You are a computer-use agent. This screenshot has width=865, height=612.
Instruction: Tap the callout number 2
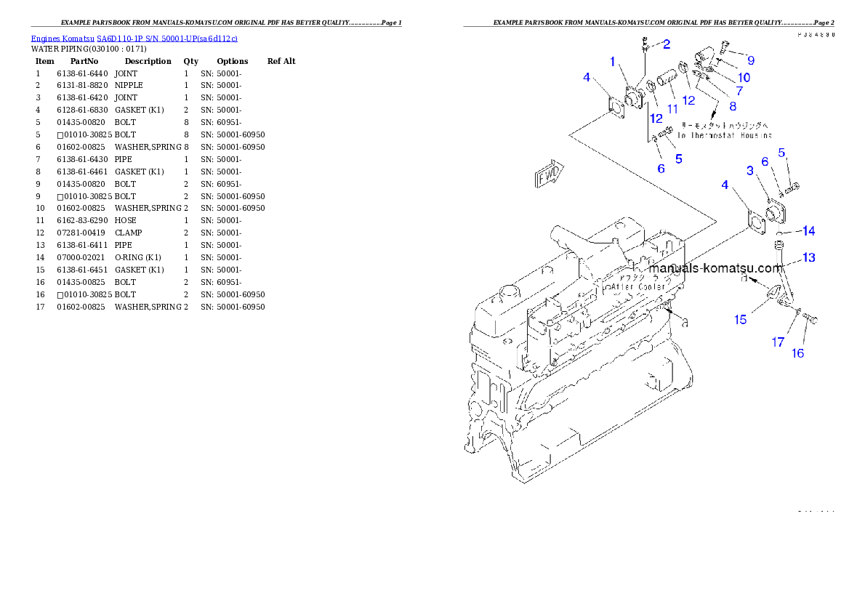666,44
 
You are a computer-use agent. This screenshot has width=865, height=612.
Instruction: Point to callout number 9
750,60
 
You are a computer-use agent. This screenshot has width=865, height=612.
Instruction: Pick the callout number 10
743,77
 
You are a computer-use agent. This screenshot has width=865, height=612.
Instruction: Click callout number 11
672,109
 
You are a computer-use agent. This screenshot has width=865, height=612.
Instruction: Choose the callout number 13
808,257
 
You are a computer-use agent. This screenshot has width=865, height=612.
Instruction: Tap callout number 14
808,231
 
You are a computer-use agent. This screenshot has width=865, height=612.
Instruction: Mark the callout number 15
740,319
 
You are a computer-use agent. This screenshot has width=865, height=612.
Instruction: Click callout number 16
797,353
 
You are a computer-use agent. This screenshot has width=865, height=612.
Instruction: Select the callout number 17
778,342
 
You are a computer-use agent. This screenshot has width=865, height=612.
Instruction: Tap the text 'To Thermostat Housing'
725,136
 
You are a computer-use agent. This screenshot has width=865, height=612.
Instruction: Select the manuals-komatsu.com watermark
716,267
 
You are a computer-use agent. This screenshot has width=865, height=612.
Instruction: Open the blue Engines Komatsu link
134,38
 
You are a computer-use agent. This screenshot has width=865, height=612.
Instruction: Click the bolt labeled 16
811,319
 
